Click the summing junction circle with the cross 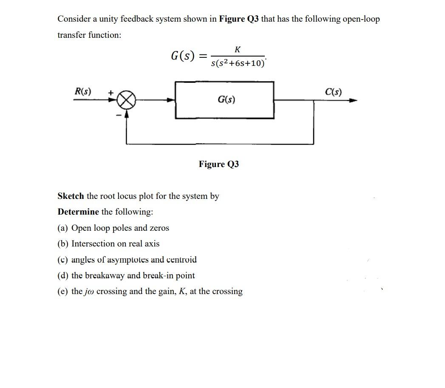(126, 101)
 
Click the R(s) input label (83, 91)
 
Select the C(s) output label (333, 91)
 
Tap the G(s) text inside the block (226, 100)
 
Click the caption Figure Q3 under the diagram (219, 164)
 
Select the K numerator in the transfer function (237, 50)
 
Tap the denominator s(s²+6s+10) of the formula (238, 63)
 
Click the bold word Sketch (71, 196)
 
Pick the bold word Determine (78, 212)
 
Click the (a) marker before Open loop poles (63, 228)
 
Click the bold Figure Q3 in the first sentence (239, 19)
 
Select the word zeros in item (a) (159, 228)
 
